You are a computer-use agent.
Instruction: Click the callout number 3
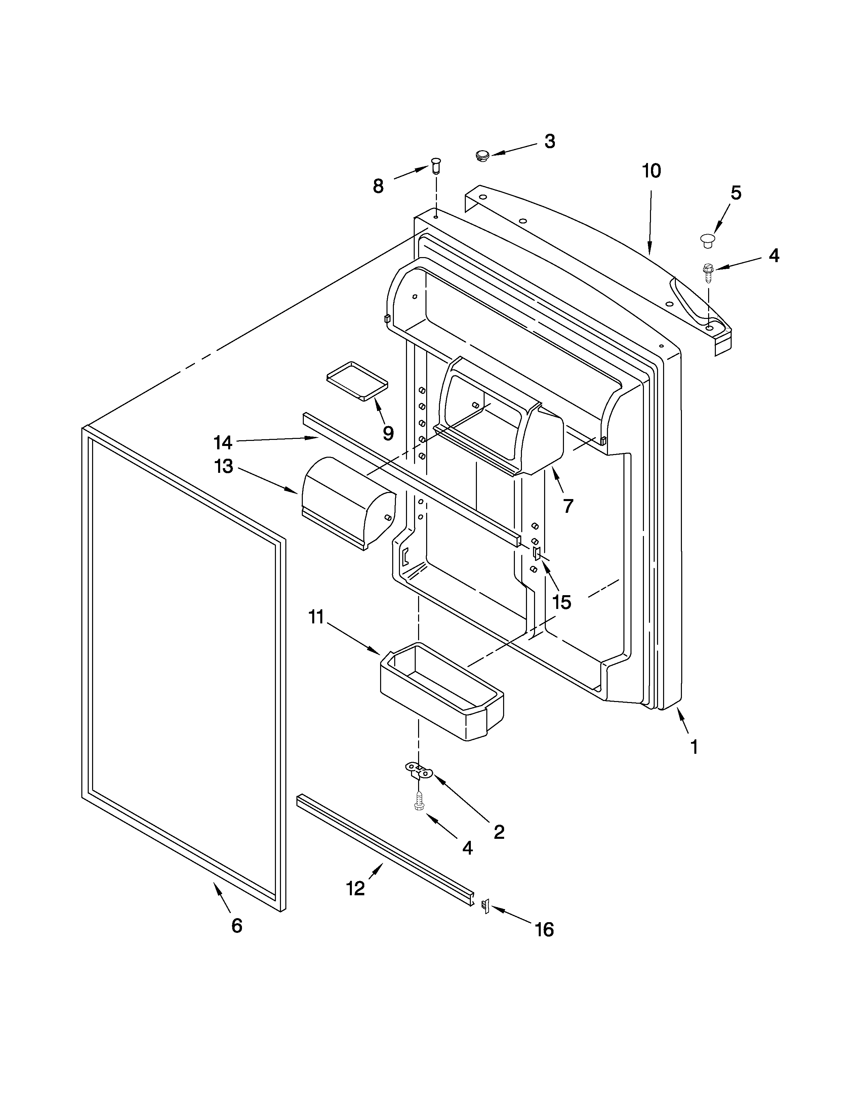click(550, 142)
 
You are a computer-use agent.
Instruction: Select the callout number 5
click(736, 193)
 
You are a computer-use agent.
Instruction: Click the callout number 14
click(223, 443)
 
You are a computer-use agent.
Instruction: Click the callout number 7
click(568, 506)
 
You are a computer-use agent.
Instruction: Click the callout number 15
click(562, 602)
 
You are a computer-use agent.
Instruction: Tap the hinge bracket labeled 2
click(418, 771)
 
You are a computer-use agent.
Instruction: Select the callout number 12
click(355, 888)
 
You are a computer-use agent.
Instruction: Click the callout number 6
click(237, 926)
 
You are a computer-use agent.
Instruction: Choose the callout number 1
click(694, 747)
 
